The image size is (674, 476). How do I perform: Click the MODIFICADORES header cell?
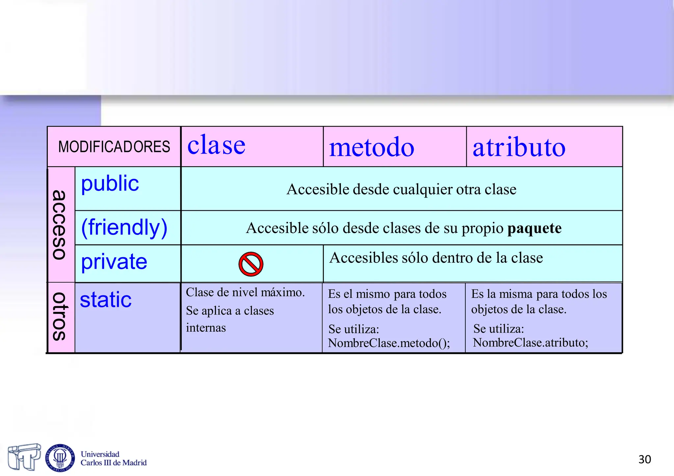coord(114,147)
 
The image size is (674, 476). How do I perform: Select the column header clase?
coord(216,145)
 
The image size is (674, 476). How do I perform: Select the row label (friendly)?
coord(124,227)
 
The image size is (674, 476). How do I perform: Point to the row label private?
coord(114,262)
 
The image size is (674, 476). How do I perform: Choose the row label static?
coord(106,300)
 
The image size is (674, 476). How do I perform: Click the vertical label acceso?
coord(60,225)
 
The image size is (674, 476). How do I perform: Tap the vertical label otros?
coord(60,316)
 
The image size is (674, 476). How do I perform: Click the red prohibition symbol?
coord(251,264)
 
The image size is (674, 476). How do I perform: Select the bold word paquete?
coord(534,228)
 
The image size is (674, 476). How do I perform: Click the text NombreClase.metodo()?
coord(389,343)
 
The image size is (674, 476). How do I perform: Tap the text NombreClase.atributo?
coord(530,343)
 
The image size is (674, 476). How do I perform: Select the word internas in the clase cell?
coord(206,328)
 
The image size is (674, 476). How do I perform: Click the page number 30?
coord(644,459)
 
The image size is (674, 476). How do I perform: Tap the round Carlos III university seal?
coord(60,458)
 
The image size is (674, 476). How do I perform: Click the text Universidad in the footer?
coord(100,454)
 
